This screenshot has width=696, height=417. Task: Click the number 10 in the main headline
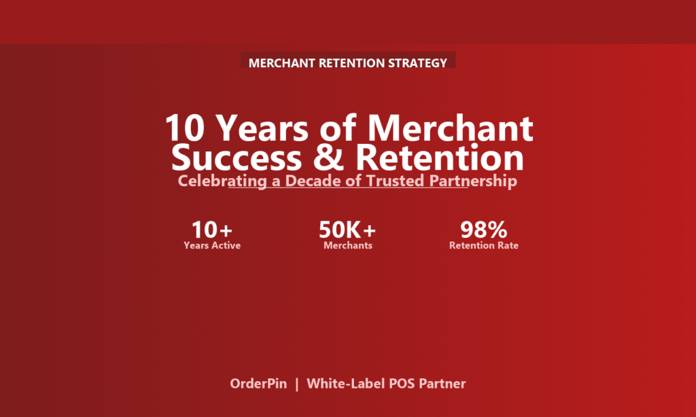pos(185,128)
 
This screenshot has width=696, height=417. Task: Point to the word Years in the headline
pos(264,128)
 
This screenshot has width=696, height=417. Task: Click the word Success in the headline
pos(236,158)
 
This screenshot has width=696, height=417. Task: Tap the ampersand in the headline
pos(328,158)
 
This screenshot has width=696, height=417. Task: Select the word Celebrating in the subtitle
pos(222,181)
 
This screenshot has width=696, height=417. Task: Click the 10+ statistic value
pos(212,230)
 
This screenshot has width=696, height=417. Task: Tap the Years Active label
pos(212,245)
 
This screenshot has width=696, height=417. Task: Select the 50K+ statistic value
pos(347,230)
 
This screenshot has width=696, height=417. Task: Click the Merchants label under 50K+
pos(348,245)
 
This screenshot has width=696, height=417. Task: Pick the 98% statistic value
pos(483,230)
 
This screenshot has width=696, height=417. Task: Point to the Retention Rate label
pos(484,245)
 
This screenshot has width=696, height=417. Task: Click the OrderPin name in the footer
pos(258,384)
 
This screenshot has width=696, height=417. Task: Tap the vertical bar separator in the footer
pos(297,384)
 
